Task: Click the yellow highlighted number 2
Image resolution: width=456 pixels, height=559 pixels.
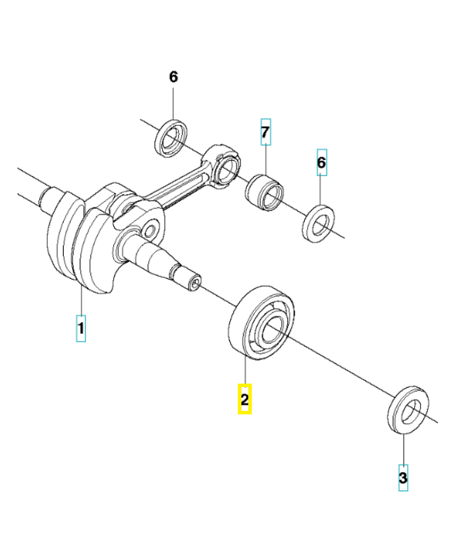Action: point(244,400)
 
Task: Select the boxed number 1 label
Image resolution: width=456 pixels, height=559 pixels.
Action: point(81,328)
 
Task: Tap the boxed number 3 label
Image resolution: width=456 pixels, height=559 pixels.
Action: point(403,478)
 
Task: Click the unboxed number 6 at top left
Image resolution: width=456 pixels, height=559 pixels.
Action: point(173,77)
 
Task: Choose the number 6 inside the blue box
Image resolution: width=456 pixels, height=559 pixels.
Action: point(322,163)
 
